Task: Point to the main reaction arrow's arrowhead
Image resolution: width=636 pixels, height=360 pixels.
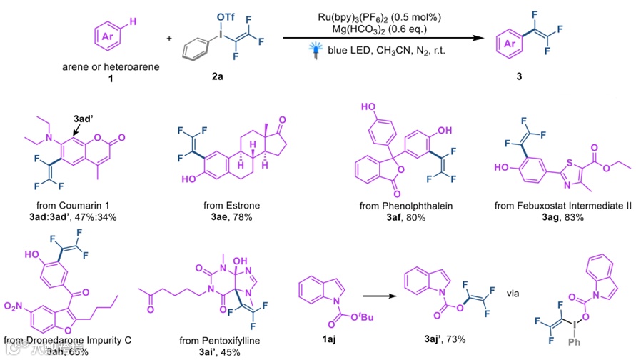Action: pos(476,38)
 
